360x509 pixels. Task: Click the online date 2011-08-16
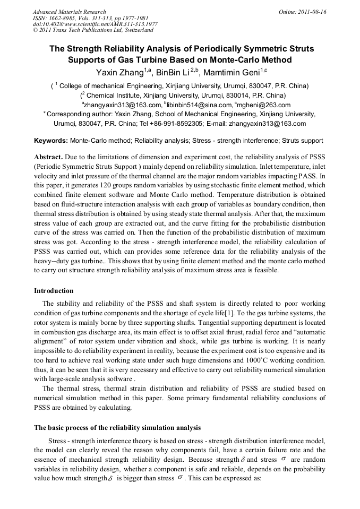311,12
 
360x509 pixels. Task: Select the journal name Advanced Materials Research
69,12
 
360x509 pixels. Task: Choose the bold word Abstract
48,158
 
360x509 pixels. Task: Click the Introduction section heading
54,291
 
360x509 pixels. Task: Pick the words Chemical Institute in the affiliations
113,95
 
